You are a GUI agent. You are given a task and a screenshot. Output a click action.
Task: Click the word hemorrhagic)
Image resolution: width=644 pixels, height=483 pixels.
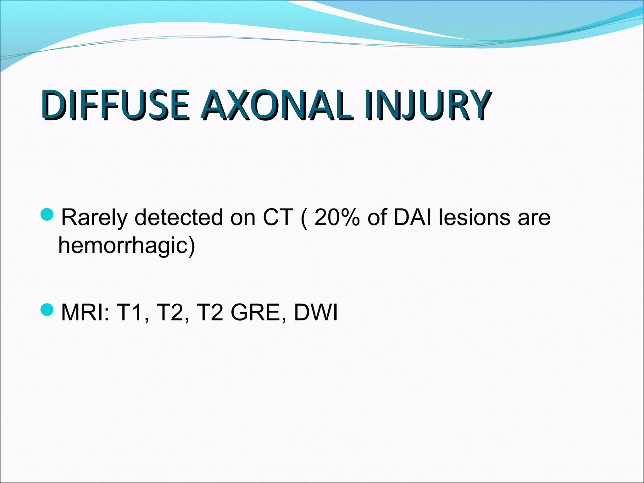[127, 246]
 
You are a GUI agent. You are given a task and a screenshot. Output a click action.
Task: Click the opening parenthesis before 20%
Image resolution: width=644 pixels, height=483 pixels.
[304, 218]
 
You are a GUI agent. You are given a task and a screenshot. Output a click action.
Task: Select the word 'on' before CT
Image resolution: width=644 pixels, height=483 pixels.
[242, 218]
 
